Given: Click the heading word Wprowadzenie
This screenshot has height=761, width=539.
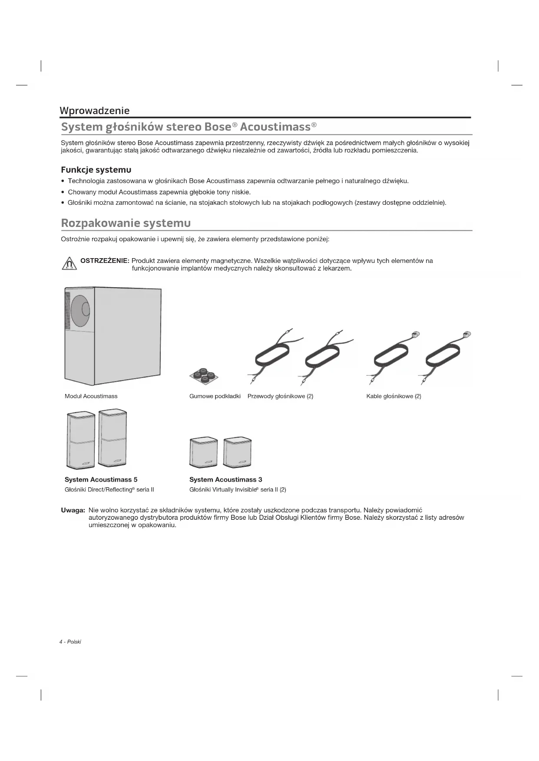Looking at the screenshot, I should click(x=94, y=111).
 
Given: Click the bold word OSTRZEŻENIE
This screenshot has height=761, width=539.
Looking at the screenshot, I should click(x=105, y=261).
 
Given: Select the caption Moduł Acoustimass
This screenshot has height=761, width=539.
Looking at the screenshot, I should click(x=91, y=396).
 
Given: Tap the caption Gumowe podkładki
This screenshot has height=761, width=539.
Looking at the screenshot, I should click(x=215, y=396).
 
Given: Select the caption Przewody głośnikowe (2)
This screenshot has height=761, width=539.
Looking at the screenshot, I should click(x=280, y=396).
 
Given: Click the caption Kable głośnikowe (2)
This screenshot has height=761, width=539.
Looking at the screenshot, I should click(x=394, y=396).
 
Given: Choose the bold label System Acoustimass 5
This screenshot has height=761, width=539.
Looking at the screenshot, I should click(x=101, y=479).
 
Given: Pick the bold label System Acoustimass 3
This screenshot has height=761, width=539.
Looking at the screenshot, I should click(x=225, y=479).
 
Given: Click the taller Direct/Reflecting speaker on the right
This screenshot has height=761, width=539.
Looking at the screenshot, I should click(x=112, y=438).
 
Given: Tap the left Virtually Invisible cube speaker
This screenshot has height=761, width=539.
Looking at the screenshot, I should click(x=204, y=452).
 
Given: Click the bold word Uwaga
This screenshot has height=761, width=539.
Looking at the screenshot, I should click(x=73, y=510).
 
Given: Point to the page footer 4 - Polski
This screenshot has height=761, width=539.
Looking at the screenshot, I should click(x=70, y=642).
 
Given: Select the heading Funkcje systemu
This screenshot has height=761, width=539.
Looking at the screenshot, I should click(x=96, y=170).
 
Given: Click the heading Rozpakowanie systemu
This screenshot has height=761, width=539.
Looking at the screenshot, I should click(x=126, y=223).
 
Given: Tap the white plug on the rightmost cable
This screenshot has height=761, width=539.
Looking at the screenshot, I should click(x=467, y=334).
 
